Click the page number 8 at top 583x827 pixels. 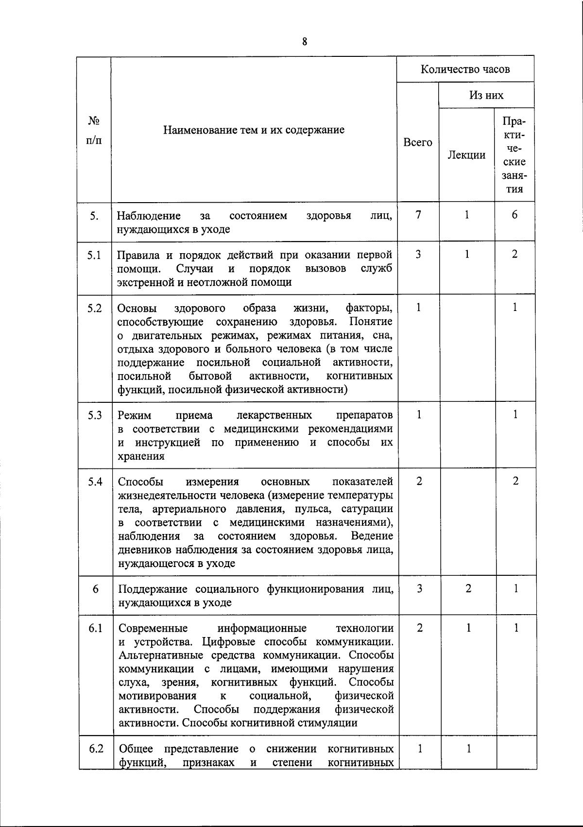(x=305, y=42)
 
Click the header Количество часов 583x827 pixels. (x=465, y=69)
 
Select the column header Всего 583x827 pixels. (x=418, y=142)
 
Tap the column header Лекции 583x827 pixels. (x=466, y=155)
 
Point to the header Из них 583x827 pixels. (x=486, y=95)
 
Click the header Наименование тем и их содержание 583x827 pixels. (x=254, y=130)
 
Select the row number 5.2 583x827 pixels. (x=95, y=308)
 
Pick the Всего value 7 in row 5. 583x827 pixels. (x=418, y=214)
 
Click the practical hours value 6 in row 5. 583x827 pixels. (x=514, y=214)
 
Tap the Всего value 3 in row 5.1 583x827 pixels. (x=418, y=254)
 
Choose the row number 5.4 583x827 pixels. (x=95, y=482)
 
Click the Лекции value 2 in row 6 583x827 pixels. (x=468, y=588)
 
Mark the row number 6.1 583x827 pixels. (x=95, y=628)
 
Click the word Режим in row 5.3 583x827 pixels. (x=135, y=415)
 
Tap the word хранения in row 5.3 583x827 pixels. (x=141, y=456)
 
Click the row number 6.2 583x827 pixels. (x=96, y=749)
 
